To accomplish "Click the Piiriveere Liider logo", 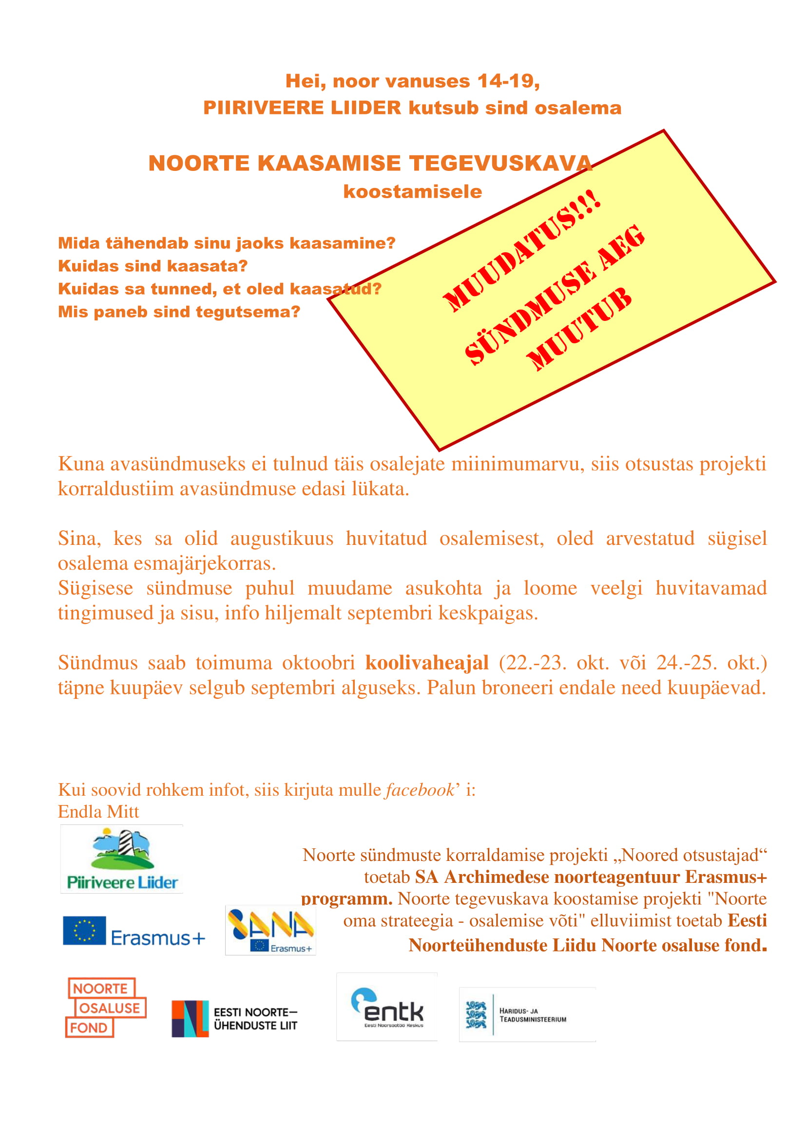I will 122,859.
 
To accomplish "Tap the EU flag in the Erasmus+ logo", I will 84,930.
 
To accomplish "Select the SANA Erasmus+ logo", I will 270,930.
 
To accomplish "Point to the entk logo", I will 387,1007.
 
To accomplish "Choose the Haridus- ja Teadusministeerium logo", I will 527,1014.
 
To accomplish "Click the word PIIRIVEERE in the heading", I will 263,108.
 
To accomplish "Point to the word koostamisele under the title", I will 412,191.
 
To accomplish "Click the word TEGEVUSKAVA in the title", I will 501,163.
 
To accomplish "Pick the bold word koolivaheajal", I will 427,663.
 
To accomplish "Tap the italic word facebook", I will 420,790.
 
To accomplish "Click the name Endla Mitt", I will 98,812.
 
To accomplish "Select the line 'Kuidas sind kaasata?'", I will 153,266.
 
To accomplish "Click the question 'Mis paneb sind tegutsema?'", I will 179,312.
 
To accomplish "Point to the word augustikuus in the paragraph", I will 281,538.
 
